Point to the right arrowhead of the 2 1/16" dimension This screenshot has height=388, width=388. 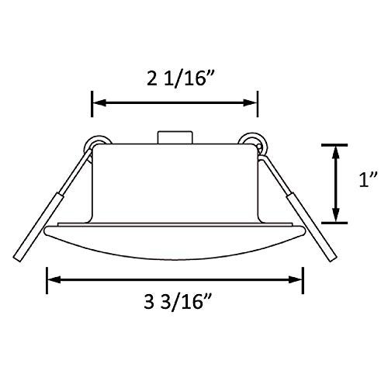point(252,102)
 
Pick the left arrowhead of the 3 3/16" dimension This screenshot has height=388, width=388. point(53,277)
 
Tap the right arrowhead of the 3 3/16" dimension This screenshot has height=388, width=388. point(298,277)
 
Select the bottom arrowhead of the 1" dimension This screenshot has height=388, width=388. point(335,218)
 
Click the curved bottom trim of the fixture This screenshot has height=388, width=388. point(175,241)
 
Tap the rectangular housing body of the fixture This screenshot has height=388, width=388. point(175,182)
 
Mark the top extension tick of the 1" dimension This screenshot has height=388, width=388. point(335,144)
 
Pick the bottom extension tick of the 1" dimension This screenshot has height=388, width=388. point(335,223)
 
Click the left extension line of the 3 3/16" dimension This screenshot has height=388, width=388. point(48,278)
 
